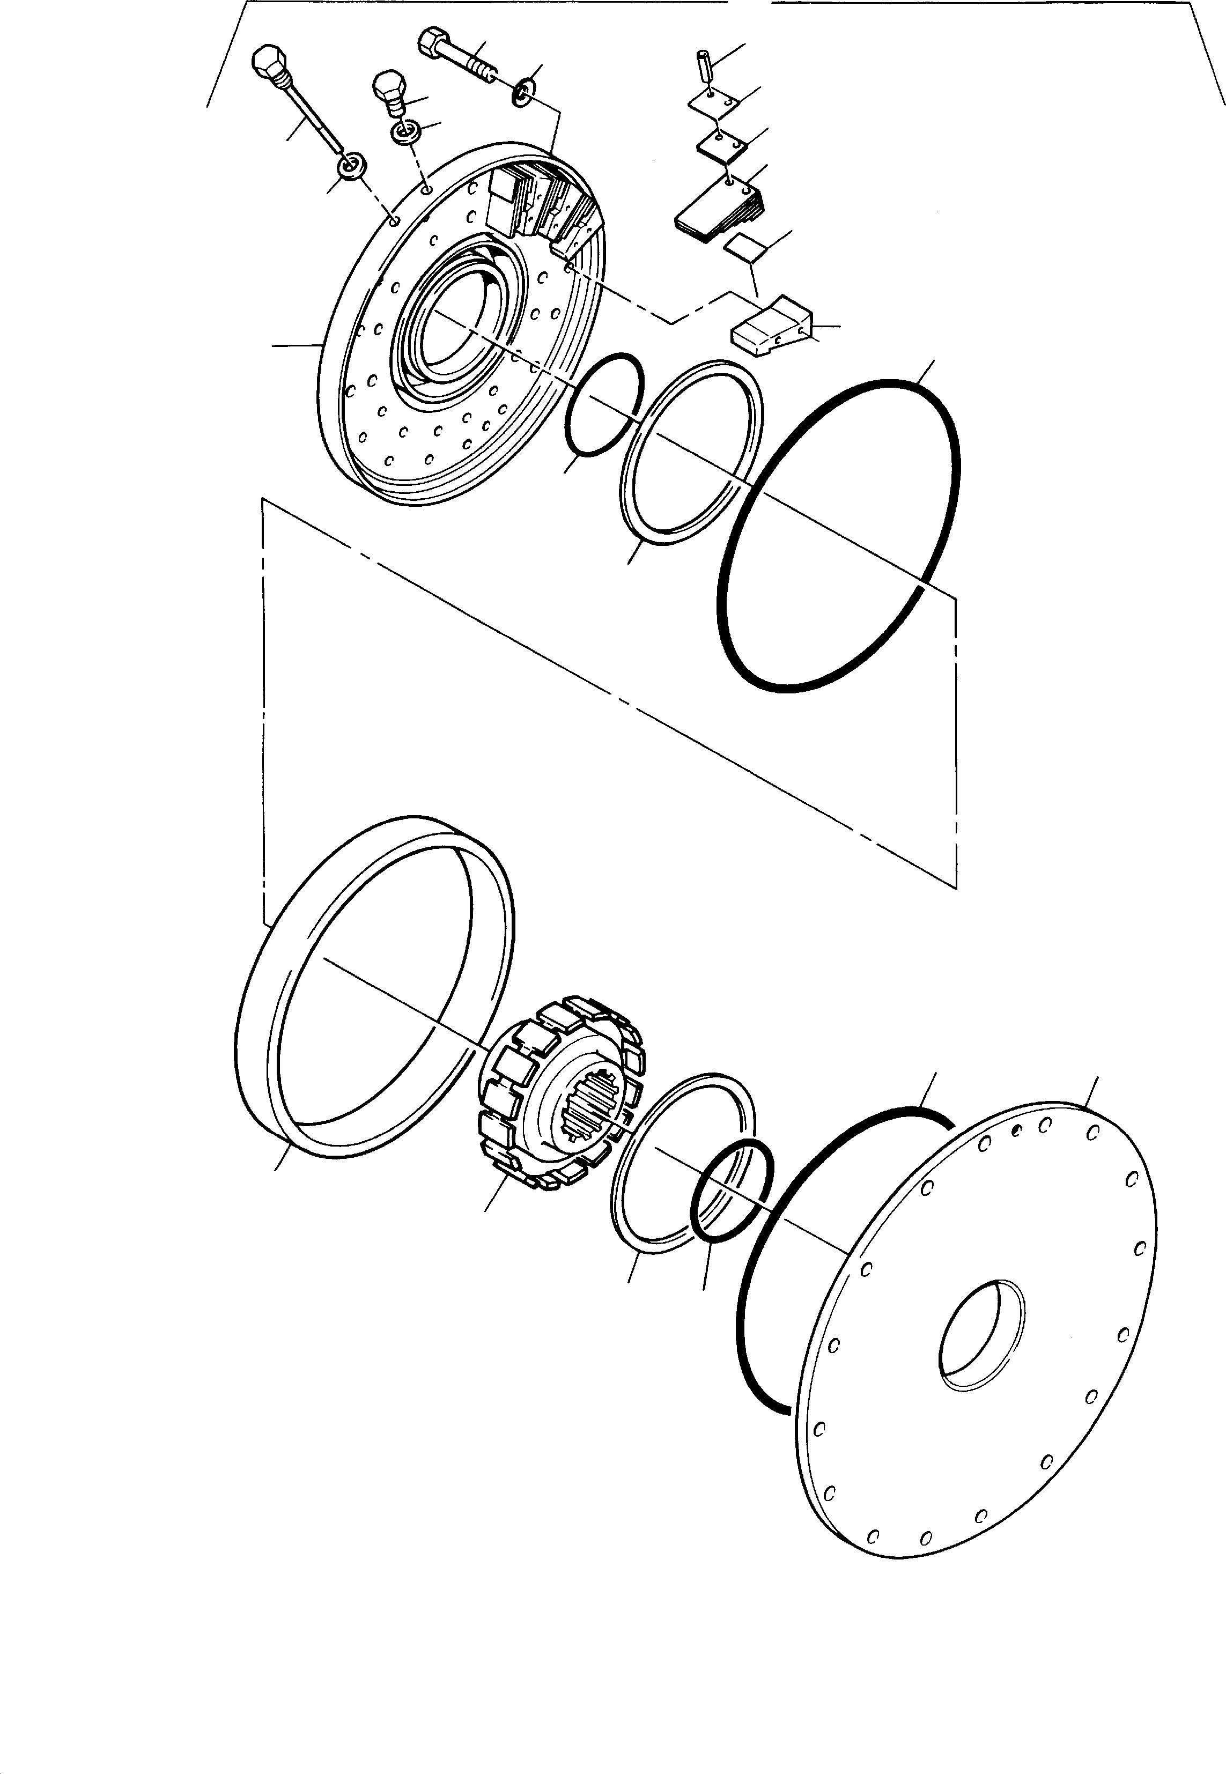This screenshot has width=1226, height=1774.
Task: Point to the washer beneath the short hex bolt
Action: coord(405,132)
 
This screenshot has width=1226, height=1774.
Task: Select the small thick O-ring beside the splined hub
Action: coord(732,1189)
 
